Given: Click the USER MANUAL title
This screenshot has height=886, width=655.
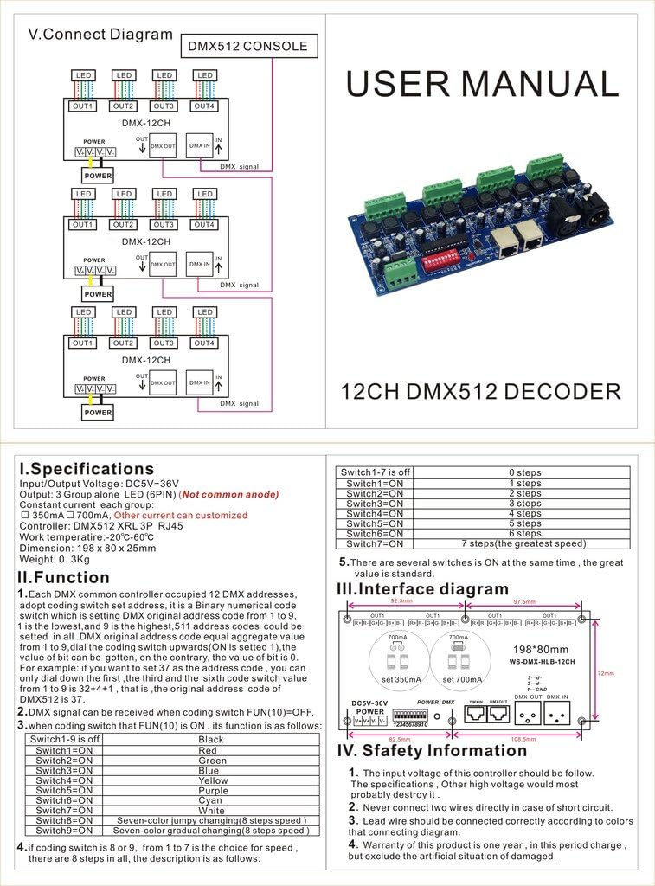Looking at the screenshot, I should [x=482, y=84].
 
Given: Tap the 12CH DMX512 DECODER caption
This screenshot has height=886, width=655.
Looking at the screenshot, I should [x=482, y=391].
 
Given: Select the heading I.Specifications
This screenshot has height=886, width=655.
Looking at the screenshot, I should [x=87, y=469].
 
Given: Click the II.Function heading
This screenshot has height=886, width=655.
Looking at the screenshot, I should [x=64, y=577].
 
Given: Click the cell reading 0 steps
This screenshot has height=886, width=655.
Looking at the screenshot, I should [x=524, y=473].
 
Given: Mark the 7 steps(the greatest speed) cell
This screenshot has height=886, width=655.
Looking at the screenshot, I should [x=524, y=543].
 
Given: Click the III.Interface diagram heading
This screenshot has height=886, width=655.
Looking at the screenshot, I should [x=422, y=589].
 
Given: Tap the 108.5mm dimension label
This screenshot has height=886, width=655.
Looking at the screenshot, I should [x=524, y=739].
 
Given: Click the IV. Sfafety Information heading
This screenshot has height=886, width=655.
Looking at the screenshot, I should [x=432, y=750].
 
